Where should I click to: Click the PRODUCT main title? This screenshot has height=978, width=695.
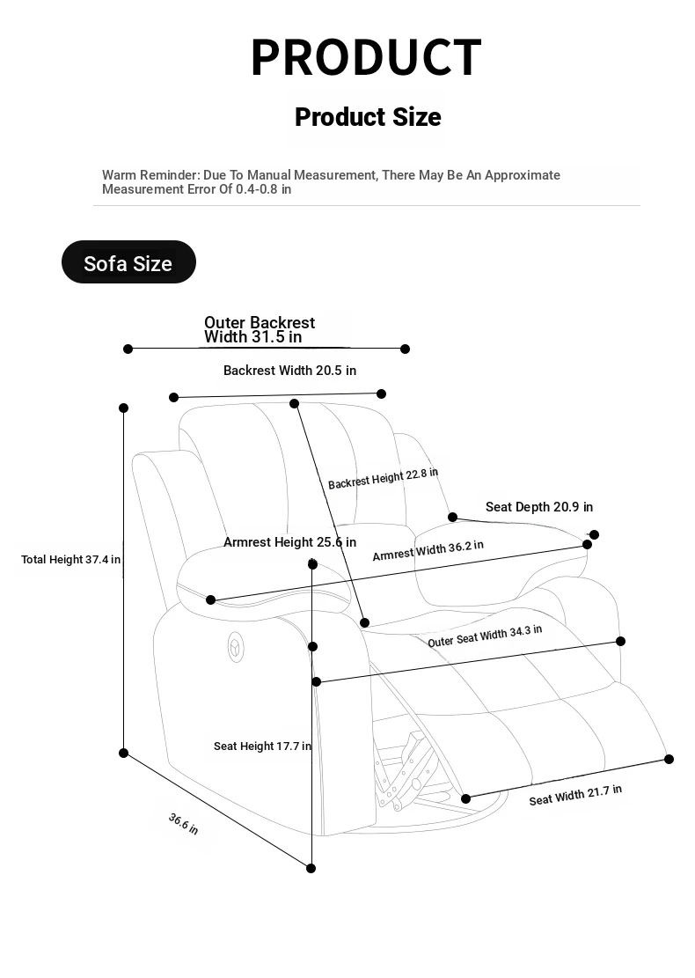[x=366, y=57]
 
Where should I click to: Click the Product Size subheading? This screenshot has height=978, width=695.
[x=368, y=117]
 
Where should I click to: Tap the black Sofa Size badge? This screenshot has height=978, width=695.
[x=128, y=262]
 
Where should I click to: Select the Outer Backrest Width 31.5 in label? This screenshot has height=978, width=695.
[x=260, y=330]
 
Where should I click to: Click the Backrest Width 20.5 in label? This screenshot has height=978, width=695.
[x=289, y=371]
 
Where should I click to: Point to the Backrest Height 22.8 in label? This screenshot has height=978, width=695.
[x=383, y=478]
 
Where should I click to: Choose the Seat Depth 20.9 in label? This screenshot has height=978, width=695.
[x=539, y=507]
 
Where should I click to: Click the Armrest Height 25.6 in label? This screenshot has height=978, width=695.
[x=289, y=542]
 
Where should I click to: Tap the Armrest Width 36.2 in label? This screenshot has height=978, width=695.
[x=428, y=551]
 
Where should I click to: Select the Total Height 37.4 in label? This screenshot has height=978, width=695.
[x=70, y=560]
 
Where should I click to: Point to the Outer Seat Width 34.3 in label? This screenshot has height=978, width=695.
[x=485, y=636]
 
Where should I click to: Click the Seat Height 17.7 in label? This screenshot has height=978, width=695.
[x=262, y=746]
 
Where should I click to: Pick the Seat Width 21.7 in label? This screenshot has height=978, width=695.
[x=575, y=795]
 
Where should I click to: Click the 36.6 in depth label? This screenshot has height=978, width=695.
[x=183, y=823]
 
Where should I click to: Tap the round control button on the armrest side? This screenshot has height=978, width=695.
[x=236, y=647]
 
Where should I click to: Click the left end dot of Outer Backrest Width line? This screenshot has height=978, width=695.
[x=128, y=349]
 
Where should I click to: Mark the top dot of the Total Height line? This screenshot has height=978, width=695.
[x=123, y=408]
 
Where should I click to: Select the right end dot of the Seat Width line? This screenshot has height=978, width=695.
[x=669, y=759]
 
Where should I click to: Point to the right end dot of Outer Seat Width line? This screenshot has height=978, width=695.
[x=620, y=641]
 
